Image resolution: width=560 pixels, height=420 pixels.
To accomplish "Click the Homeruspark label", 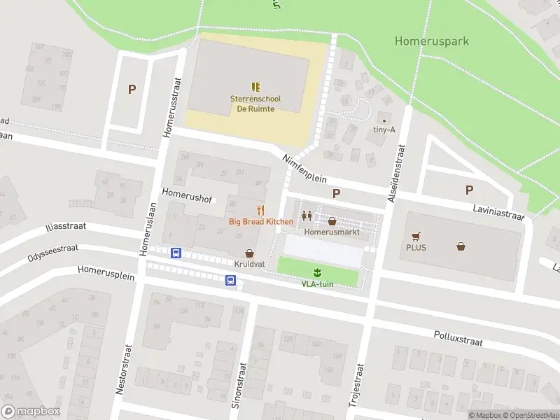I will coord(431,41).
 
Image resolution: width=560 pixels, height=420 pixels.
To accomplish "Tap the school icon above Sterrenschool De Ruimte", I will coord(255,87).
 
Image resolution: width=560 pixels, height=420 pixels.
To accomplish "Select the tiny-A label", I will coord(384,129).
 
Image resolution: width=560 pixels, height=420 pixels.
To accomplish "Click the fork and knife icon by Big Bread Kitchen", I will coord(261,209).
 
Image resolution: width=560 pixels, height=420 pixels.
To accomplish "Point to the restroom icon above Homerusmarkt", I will coord(307,216).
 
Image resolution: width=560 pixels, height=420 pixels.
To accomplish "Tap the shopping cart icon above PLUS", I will coord(417,237).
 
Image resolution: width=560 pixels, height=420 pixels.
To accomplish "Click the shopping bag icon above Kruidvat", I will coord(248,253).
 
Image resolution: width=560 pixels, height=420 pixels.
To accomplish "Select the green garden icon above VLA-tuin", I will coord(317,272).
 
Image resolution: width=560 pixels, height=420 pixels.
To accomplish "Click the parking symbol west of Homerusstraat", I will coord(131,89).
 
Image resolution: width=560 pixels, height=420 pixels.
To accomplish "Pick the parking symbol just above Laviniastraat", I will coord(469,190).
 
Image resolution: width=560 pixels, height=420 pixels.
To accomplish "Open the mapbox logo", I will coord(31,411).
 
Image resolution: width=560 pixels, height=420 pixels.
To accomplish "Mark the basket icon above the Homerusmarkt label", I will coord(332,220).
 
